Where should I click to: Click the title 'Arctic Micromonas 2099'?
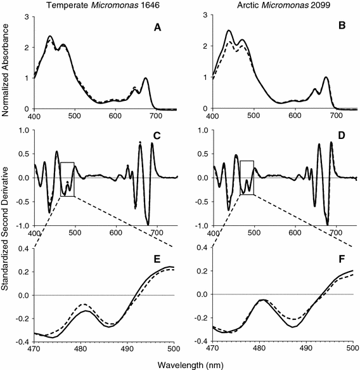coord(274,6)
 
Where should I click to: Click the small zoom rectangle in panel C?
coord(67,179)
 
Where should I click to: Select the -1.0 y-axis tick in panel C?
coord(21,225)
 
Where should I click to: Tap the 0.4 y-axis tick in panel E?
coord(23,248)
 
